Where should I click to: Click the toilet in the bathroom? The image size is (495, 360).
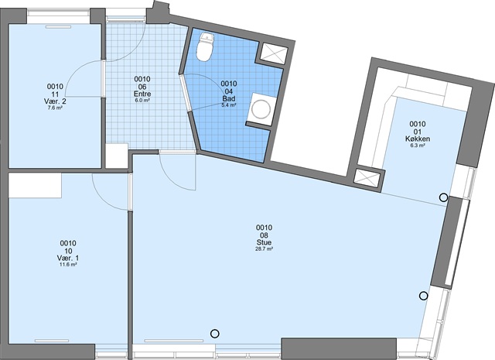[205, 46]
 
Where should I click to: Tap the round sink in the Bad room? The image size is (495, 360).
[261, 109]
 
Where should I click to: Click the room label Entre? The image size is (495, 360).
[142, 94]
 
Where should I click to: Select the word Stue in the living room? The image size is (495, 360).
[264, 242]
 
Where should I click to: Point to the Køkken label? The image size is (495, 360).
[418, 139]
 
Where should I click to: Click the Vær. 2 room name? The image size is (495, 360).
[55, 101]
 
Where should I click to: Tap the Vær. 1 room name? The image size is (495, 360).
[68, 259]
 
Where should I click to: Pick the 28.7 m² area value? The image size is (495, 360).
[264, 249]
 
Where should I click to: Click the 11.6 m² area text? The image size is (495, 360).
[68, 265]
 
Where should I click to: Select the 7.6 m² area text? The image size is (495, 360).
[55, 108]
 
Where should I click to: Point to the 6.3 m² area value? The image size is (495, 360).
[418, 146]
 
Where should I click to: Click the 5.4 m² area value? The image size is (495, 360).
[229, 105]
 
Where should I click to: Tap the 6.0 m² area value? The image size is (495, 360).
[142, 100]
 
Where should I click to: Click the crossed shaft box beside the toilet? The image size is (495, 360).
[274, 53]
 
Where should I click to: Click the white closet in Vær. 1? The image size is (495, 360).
[35, 186]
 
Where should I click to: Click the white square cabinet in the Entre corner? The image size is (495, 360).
[117, 156]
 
